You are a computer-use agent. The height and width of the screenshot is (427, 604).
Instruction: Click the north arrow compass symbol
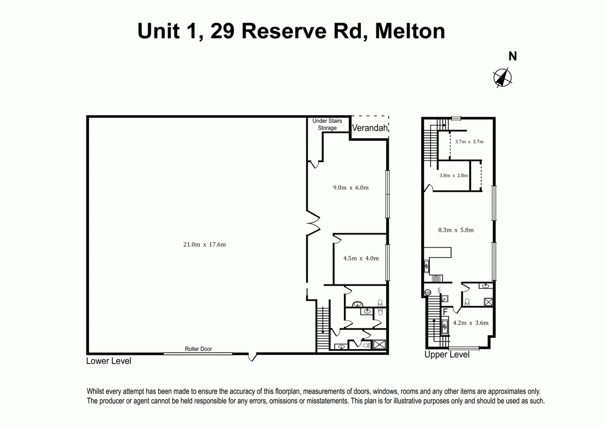click(502, 78)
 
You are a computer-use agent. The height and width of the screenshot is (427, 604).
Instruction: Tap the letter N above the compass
click(512, 57)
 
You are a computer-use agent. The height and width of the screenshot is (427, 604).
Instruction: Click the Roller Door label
click(199, 349)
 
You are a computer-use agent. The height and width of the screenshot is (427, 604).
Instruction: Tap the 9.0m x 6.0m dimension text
click(351, 187)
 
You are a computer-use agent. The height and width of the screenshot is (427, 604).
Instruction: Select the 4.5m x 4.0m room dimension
click(360, 258)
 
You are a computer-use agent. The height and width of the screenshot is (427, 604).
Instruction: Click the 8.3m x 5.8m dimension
click(456, 230)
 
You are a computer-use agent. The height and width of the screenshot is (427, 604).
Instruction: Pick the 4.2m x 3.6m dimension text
click(470, 322)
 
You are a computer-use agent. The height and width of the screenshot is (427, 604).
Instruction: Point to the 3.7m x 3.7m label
click(469, 141)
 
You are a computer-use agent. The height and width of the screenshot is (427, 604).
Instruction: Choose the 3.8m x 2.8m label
click(453, 175)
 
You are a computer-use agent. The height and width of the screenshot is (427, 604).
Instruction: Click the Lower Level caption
click(108, 361)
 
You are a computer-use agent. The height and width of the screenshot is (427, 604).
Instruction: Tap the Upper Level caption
click(446, 355)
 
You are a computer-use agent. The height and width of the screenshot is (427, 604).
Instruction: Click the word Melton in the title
click(410, 30)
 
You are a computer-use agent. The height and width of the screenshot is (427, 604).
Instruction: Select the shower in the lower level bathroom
click(380, 345)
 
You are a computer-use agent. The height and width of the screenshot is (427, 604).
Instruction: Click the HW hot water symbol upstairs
click(428, 292)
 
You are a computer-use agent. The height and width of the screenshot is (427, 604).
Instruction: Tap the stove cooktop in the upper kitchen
click(436, 278)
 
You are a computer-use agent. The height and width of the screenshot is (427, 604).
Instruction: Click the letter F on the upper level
click(444, 311)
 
